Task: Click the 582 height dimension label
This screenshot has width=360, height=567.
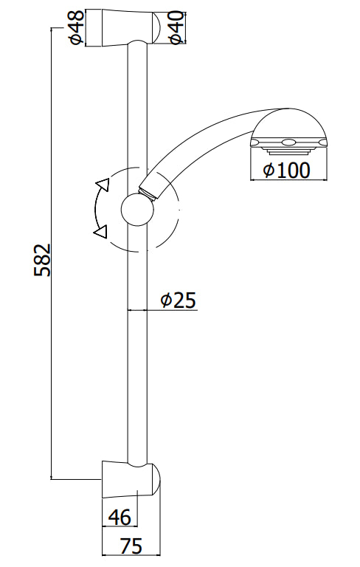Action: tap(42, 259)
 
